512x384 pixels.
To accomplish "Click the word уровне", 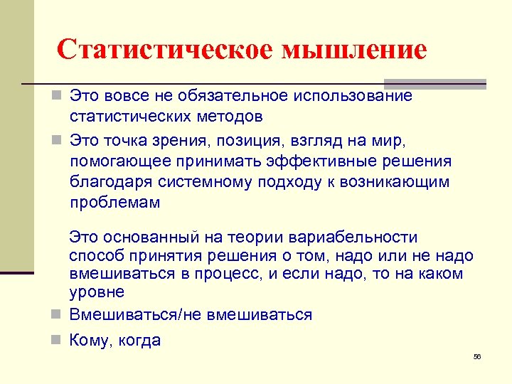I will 97,292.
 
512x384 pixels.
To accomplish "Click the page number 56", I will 477,356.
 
